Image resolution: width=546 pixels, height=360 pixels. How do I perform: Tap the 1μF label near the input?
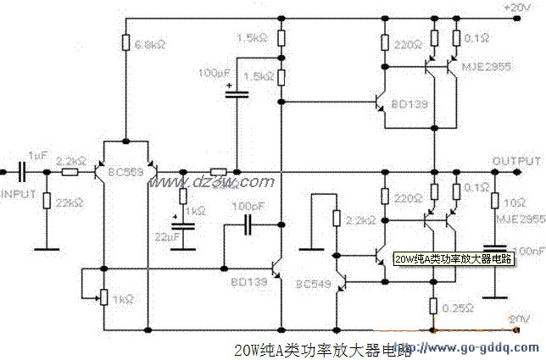click(x=37, y=157)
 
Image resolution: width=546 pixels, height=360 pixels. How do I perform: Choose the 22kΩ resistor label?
click(x=67, y=203)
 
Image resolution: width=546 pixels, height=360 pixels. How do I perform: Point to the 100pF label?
click(x=251, y=206)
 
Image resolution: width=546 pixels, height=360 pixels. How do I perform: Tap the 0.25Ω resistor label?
click(x=460, y=309)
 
